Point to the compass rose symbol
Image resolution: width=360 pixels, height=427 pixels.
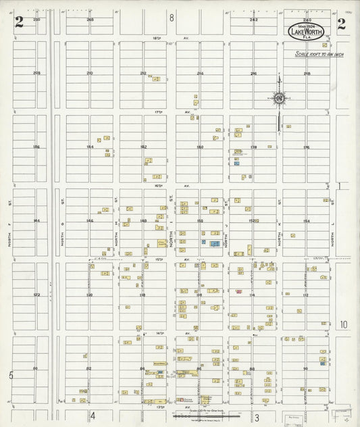[278, 99]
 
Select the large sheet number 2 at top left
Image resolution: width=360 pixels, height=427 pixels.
[19, 23]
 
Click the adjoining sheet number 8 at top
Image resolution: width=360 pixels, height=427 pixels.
[172, 18]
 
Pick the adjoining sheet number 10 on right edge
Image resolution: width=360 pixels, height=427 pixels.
[343, 325]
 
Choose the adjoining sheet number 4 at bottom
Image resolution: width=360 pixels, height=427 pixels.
[93, 415]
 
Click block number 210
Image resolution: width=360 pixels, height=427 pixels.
[90, 73]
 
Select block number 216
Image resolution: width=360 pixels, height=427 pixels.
[253, 73]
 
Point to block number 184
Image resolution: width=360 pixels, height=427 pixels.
[90, 147]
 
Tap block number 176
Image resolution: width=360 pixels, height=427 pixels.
[306, 147]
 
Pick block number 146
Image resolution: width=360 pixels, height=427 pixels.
[90, 221]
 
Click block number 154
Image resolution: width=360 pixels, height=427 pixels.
[306, 221]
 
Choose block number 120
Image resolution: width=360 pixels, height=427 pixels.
[90, 295]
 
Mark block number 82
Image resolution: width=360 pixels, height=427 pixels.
[90, 368]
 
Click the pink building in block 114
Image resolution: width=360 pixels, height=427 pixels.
[239, 291]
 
